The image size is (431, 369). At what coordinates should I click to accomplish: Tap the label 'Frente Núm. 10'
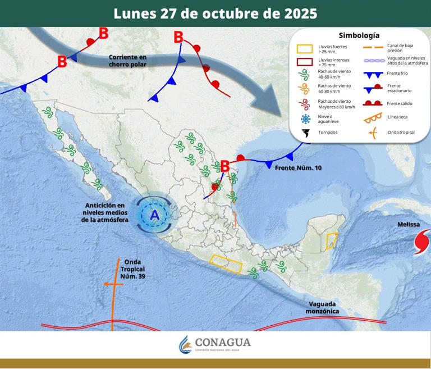[x=299, y=168]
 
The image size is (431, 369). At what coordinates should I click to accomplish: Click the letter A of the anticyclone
[x=154, y=215]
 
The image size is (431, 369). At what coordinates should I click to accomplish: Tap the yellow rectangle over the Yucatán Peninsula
[x=332, y=241]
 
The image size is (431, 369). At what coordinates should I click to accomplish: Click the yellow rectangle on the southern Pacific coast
[x=227, y=263]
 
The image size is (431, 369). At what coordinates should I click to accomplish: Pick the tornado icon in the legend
[x=306, y=134]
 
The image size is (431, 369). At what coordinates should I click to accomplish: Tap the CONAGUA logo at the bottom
[x=215, y=344]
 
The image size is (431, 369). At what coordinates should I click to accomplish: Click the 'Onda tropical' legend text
[x=401, y=133]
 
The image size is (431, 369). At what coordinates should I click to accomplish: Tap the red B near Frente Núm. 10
[x=224, y=166]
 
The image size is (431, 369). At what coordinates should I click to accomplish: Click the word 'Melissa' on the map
[x=409, y=225]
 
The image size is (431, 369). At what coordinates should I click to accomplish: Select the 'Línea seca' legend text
[x=397, y=117]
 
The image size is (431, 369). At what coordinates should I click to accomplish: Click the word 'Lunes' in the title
[x=134, y=13]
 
